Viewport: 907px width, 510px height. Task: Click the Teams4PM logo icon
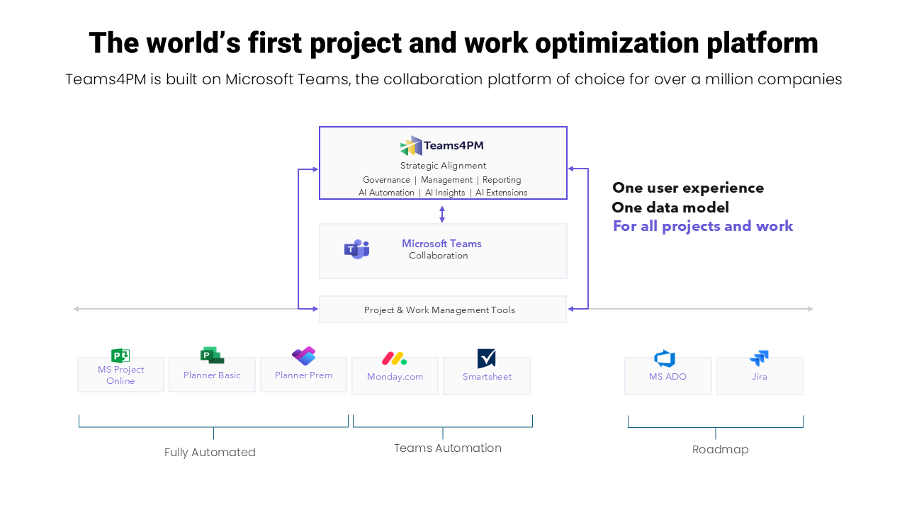pyautogui.click(x=411, y=146)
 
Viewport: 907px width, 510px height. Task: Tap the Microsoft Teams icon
pyautogui.click(x=356, y=249)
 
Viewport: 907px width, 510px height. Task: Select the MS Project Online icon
pyautogui.click(x=120, y=356)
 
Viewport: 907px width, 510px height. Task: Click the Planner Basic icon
pyautogui.click(x=212, y=356)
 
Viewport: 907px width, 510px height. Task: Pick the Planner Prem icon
pyautogui.click(x=303, y=356)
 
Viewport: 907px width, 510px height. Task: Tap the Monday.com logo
pyautogui.click(x=394, y=358)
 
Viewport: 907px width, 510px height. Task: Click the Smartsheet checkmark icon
pyautogui.click(x=486, y=358)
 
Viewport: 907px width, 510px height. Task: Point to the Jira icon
pyautogui.click(x=759, y=358)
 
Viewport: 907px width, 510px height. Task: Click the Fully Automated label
pyautogui.click(x=210, y=453)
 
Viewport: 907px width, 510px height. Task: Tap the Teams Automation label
pyautogui.click(x=447, y=448)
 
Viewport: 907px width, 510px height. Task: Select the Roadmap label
pyautogui.click(x=720, y=450)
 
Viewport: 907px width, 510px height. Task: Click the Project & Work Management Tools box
pyautogui.click(x=442, y=310)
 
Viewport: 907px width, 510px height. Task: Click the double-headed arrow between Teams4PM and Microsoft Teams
pyautogui.click(x=442, y=214)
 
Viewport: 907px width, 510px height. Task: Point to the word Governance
pyautogui.click(x=386, y=180)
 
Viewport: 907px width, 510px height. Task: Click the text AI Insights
pyautogui.click(x=445, y=193)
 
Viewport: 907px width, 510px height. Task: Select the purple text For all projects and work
pyautogui.click(x=702, y=226)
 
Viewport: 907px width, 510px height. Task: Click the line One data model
pyautogui.click(x=670, y=208)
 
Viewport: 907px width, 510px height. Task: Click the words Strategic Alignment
pyautogui.click(x=443, y=166)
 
